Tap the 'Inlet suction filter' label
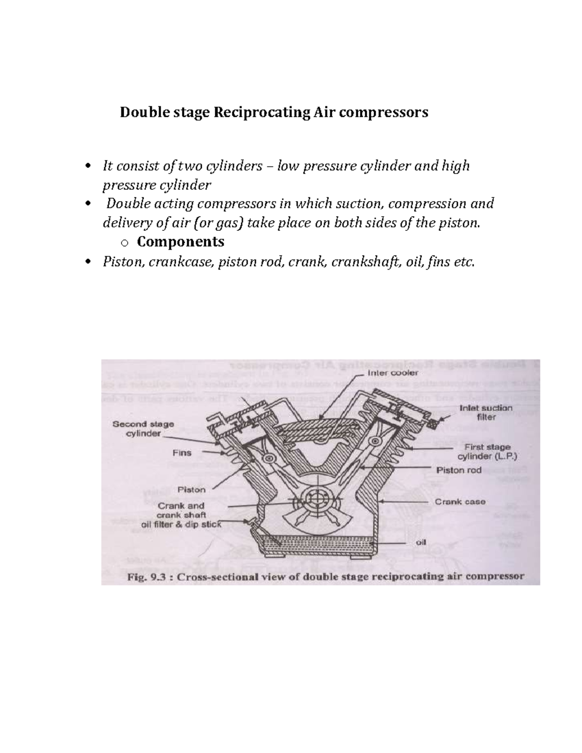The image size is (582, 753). [x=485, y=412]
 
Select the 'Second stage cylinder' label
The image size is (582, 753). [x=143, y=429]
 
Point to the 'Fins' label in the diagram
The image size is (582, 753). [x=182, y=453]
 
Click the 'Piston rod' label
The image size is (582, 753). [x=459, y=470]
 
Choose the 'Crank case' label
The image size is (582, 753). [x=460, y=502]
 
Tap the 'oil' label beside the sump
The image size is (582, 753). [x=421, y=542]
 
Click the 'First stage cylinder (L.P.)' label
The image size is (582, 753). [x=487, y=451]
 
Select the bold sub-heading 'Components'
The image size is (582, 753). [x=180, y=241]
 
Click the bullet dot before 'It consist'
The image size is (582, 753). [x=87, y=167]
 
